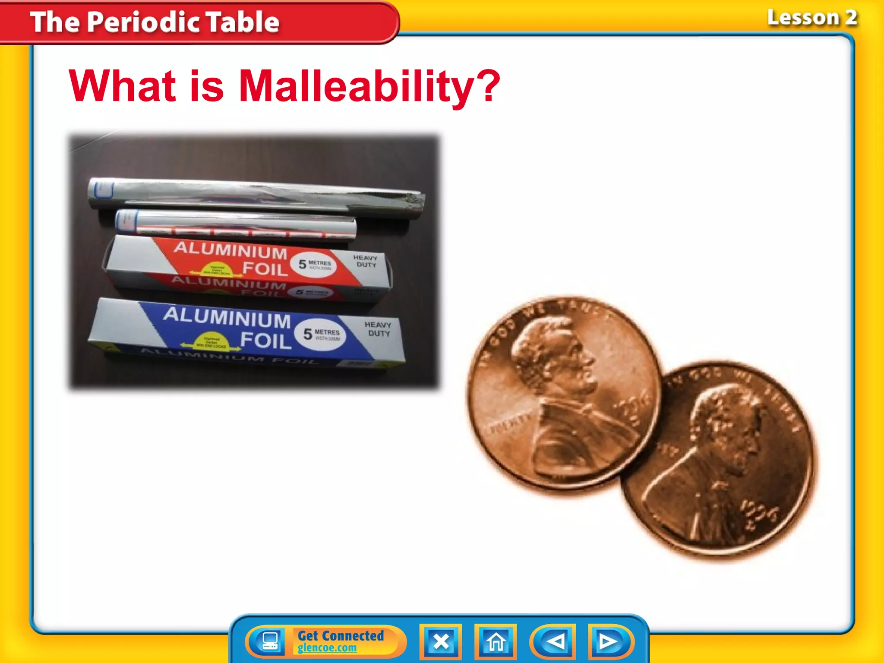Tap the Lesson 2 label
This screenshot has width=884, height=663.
pyautogui.click(x=811, y=18)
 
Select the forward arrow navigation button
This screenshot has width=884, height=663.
pyautogui.click(x=609, y=642)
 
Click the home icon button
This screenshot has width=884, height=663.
pyautogui.click(x=496, y=642)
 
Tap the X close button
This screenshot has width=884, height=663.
pyautogui.click(x=441, y=642)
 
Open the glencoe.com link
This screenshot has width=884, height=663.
pyautogui.click(x=327, y=648)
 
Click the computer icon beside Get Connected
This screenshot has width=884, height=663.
pyautogui.click(x=271, y=642)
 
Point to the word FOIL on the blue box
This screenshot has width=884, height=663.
pyautogui.click(x=265, y=340)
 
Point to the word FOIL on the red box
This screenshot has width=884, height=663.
pyautogui.click(x=265, y=268)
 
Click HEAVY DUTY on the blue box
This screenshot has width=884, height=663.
pyautogui.click(x=378, y=329)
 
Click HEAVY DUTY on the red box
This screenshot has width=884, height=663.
pyautogui.click(x=366, y=261)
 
